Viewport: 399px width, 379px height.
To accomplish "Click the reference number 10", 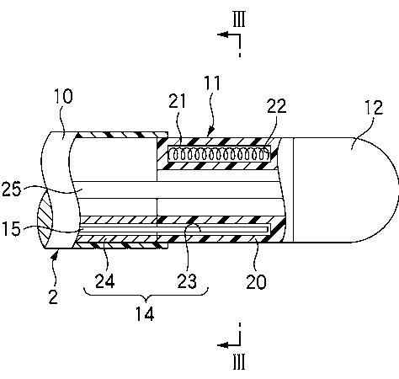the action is (x=63, y=96).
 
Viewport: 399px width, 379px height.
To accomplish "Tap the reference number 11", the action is (x=212, y=83).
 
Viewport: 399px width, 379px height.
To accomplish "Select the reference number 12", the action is (x=374, y=107).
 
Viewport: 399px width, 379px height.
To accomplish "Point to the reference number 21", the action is (x=177, y=101).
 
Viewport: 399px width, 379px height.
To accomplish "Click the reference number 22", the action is (x=277, y=106).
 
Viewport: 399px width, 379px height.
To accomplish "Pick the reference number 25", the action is (x=12, y=189).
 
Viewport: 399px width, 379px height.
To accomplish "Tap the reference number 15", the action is (x=12, y=228).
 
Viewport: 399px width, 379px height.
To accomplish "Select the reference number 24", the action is (x=105, y=280).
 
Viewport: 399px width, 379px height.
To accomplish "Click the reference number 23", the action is (x=187, y=281).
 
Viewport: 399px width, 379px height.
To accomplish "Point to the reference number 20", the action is (x=256, y=281).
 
